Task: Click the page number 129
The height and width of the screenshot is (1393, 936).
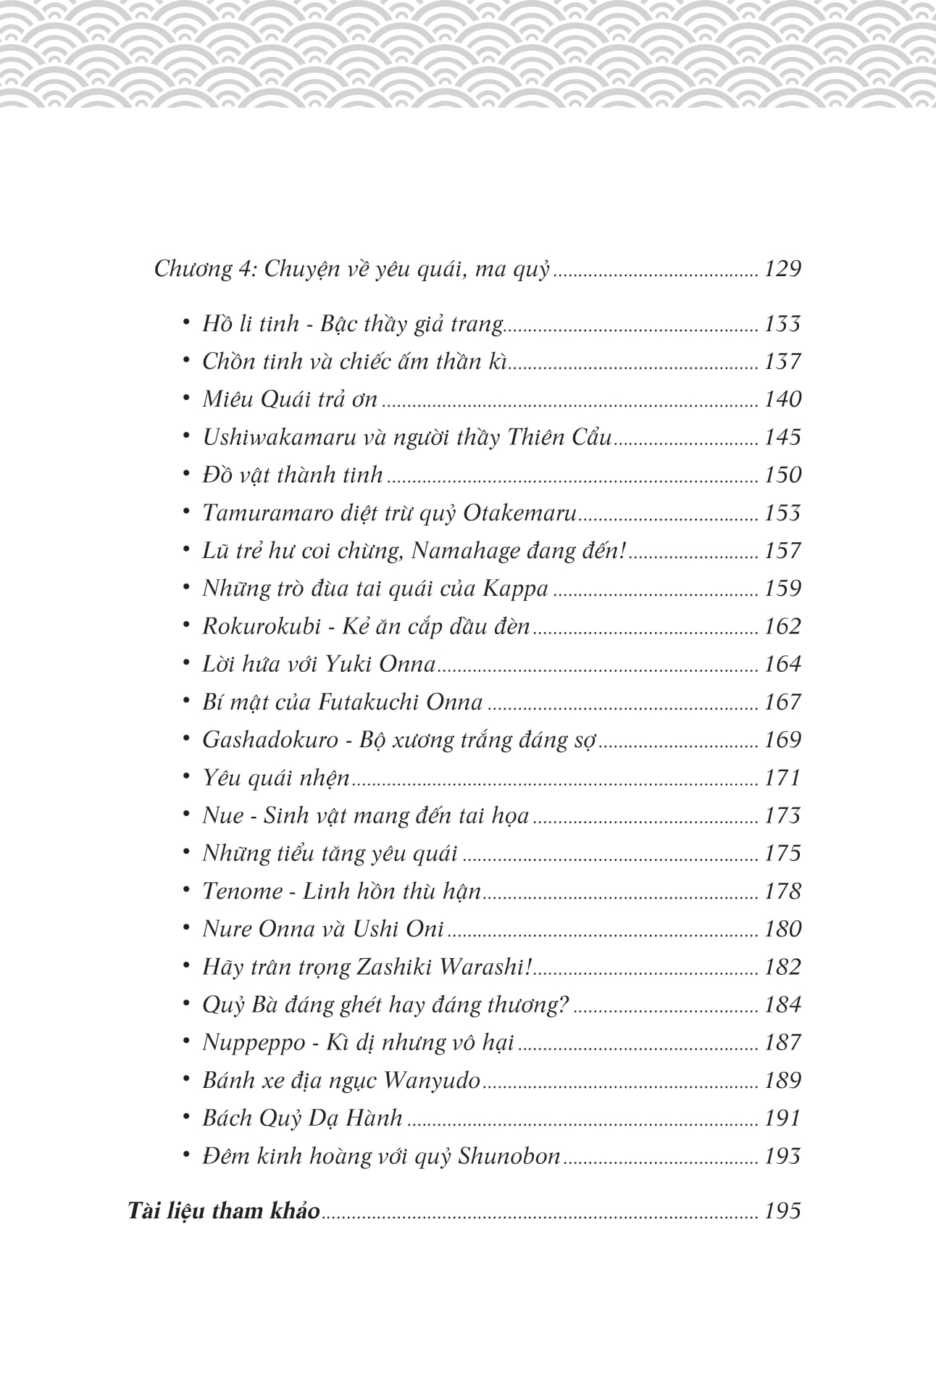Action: (782, 269)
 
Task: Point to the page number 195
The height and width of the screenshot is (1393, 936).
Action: (782, 1211)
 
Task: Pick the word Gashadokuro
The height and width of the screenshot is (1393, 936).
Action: (270, 740)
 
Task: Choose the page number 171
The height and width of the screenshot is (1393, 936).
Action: (782, 778)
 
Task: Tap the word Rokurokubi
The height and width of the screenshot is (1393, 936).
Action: (261, 626)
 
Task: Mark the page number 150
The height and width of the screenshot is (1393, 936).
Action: (782, 475)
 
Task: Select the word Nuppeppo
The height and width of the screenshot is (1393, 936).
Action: (254, 1043)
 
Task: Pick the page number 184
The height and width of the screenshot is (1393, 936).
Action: (782, 1005)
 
